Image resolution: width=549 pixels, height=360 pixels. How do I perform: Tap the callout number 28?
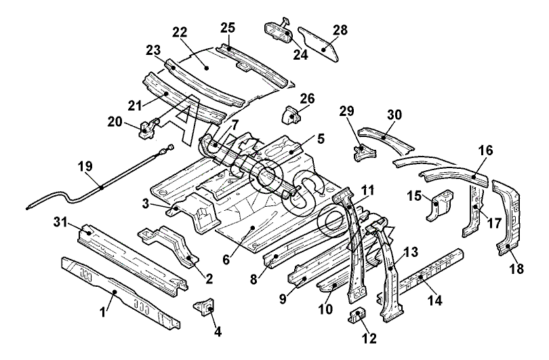point(340,30)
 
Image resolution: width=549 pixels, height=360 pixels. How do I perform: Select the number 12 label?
point(370,338)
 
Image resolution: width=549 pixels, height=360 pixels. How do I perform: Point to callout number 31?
point(60,221)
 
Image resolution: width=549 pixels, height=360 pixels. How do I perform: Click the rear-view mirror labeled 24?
point(279,31)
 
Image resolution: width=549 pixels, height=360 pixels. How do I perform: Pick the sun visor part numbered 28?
point(318,45)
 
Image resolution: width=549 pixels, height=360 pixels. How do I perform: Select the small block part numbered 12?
point(357,315)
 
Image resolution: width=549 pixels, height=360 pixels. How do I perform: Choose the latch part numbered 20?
point(148,128)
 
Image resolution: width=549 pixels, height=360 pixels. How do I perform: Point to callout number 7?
point(235,125)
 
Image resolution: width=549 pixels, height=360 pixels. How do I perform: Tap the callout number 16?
point(485,151)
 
